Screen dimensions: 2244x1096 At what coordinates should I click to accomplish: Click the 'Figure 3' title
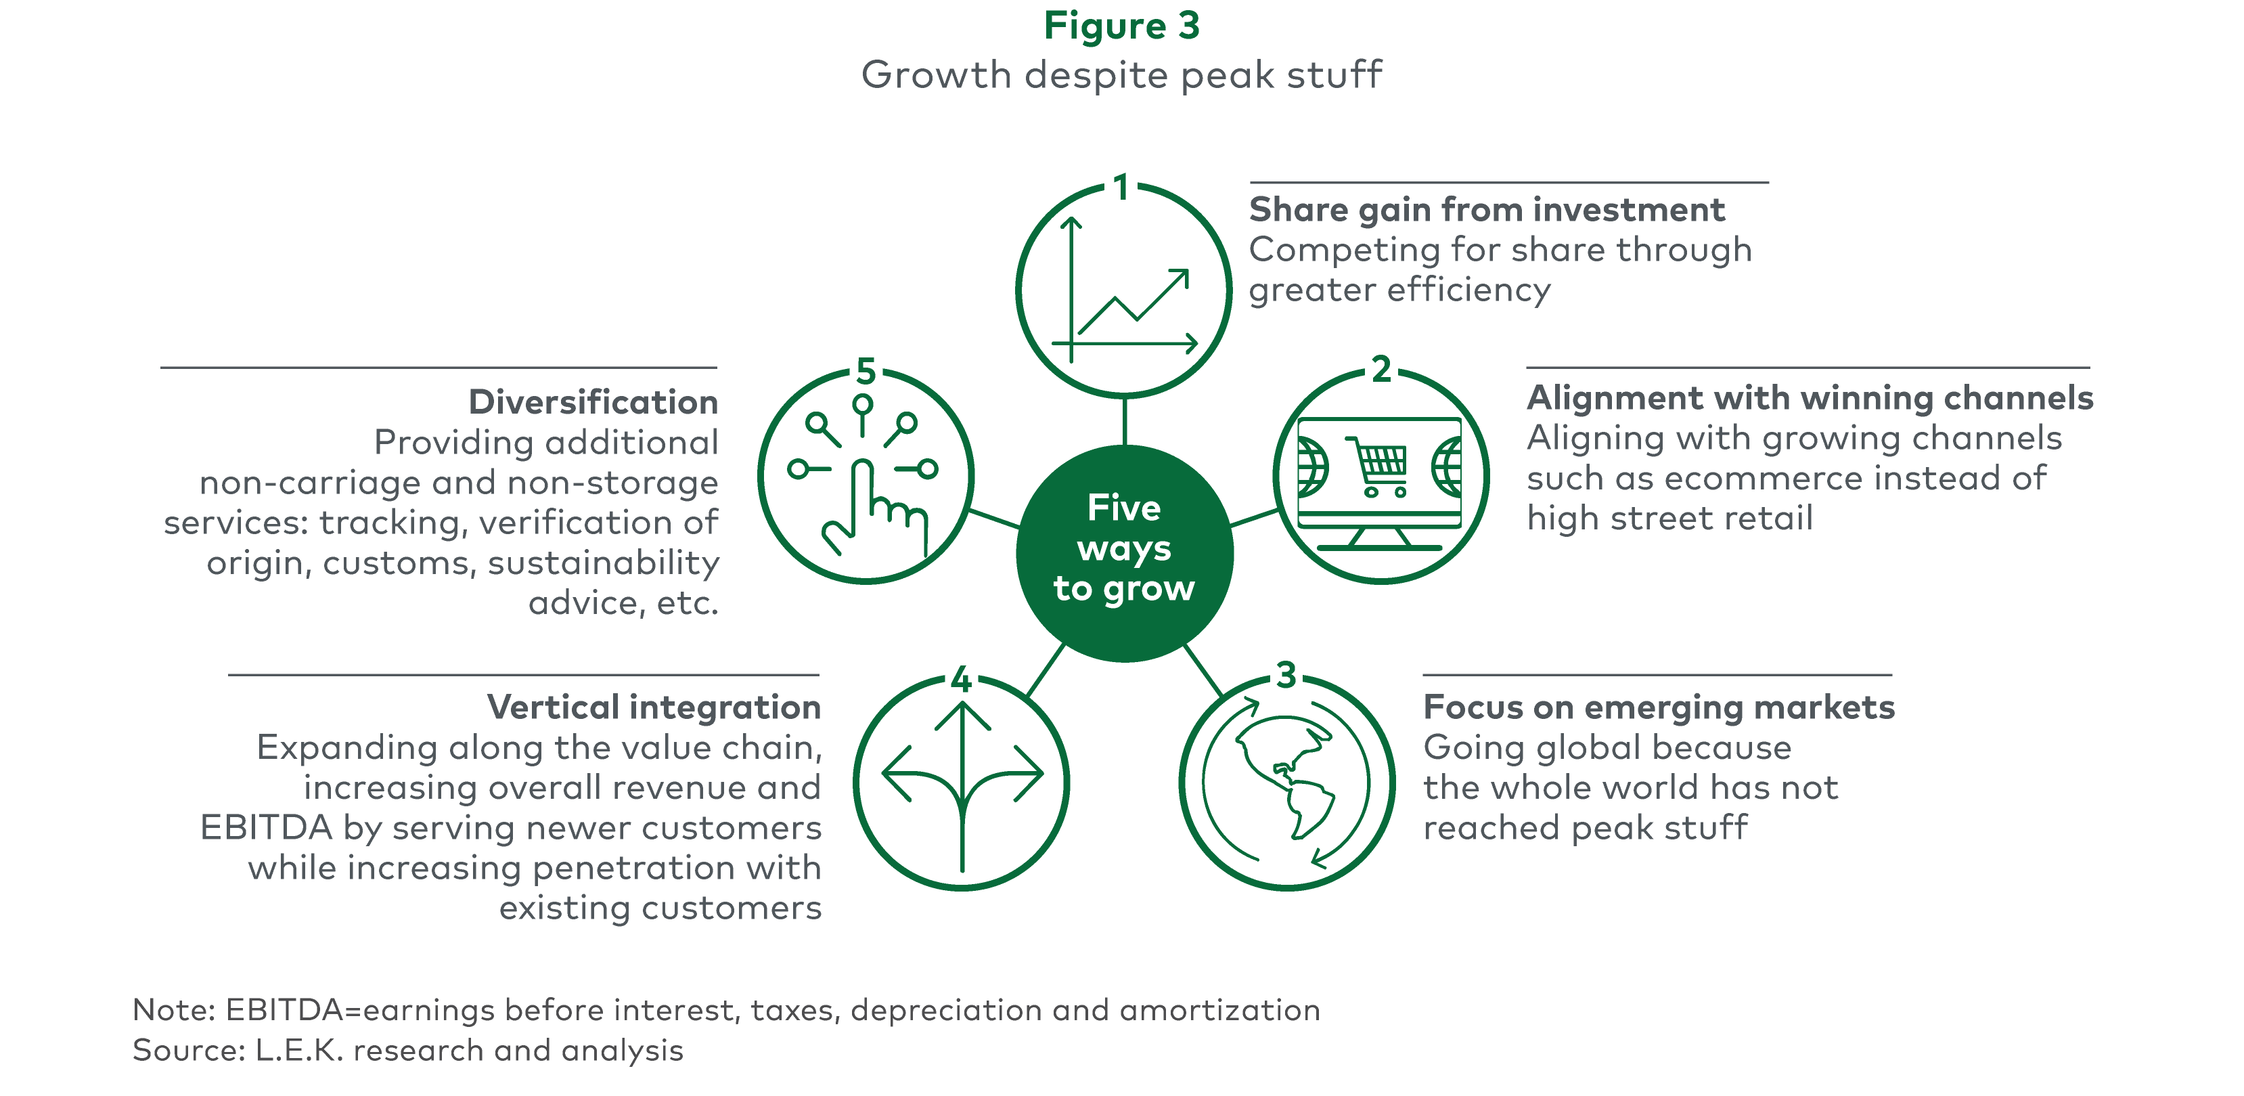pos(1122,26)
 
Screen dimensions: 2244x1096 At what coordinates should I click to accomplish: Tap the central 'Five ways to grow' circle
pos(1125,553)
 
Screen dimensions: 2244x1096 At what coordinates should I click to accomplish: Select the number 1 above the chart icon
pos(1122,188)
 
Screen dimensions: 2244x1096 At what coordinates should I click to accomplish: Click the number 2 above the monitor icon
pos(1382,370)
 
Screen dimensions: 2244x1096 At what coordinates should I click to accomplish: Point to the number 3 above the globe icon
pos(1286,675)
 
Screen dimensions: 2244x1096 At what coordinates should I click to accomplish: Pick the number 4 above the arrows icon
pos(961,679)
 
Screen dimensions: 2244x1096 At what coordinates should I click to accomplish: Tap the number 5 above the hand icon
pos(866,371)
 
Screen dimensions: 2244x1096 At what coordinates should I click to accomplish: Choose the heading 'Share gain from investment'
pos(1487,210)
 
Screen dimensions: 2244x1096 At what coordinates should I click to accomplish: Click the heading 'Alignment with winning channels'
pos(1810,398)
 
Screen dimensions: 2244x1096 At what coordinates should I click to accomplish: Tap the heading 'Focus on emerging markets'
pos(1659,707)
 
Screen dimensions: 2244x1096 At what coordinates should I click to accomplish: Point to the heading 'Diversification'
pos(593,403)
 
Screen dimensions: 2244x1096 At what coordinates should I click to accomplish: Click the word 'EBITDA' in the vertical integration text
pos(267,828)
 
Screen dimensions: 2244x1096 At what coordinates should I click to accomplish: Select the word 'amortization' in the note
pos(1219,1010)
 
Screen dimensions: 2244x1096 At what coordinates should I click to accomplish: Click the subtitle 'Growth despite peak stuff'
pos(1122,75)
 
